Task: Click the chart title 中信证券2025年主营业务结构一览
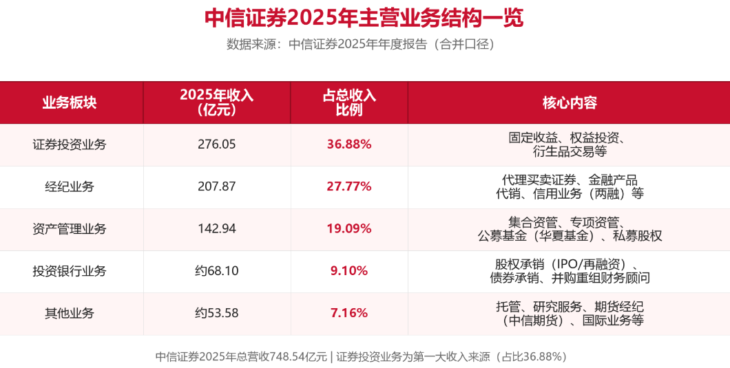click(364, 18)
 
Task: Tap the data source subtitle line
click(360, 44)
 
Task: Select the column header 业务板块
click(70, 102)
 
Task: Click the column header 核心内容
click(570, 102)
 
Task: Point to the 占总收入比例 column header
click(349, 102)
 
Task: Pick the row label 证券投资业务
click(70, 144)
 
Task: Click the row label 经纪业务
click(70, 186)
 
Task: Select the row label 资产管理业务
click(70, 229)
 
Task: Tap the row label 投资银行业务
click(70, 271)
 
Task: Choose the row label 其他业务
click(70, 313)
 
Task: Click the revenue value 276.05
click(216, 144)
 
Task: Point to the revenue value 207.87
click(216, 186)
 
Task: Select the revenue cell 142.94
click(216, 229)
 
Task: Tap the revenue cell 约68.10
click(216, 271)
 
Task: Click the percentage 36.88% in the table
click(349, 144)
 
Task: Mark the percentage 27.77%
click(349, 186)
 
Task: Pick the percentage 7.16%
click(349, 313)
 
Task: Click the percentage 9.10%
click(349, 271)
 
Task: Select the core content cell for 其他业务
click(570, 313)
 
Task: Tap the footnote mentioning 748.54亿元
click(361, 357)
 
